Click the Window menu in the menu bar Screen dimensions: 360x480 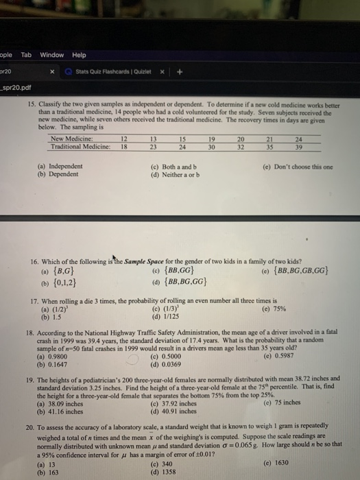pos(51,55)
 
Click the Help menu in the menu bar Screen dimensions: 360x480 pos(79,55)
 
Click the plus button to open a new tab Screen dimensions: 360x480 pos(181,71)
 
